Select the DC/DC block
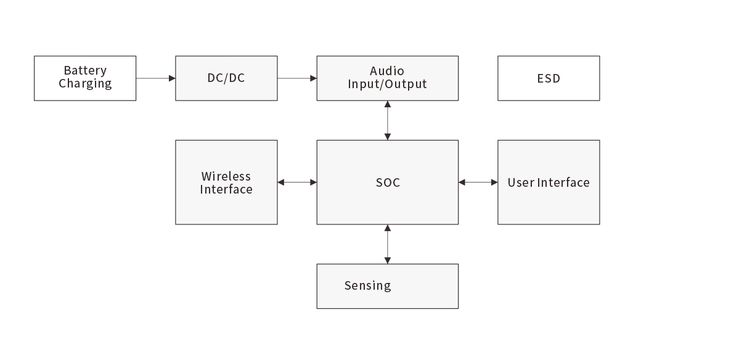point(226,78)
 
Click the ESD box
point(549,78)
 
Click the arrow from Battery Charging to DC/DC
point(155,78)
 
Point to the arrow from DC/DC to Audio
point(297,78)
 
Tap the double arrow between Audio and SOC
point(387,120)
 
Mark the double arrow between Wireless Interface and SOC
point(297,182)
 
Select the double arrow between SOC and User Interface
point(478,182)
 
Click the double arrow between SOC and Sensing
point(387,244)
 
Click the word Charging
point(85,84)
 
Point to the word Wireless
point(226,176)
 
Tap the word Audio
point(387,71)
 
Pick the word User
point(521,182)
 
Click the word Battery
point(85,70)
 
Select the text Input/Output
point(387,84)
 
